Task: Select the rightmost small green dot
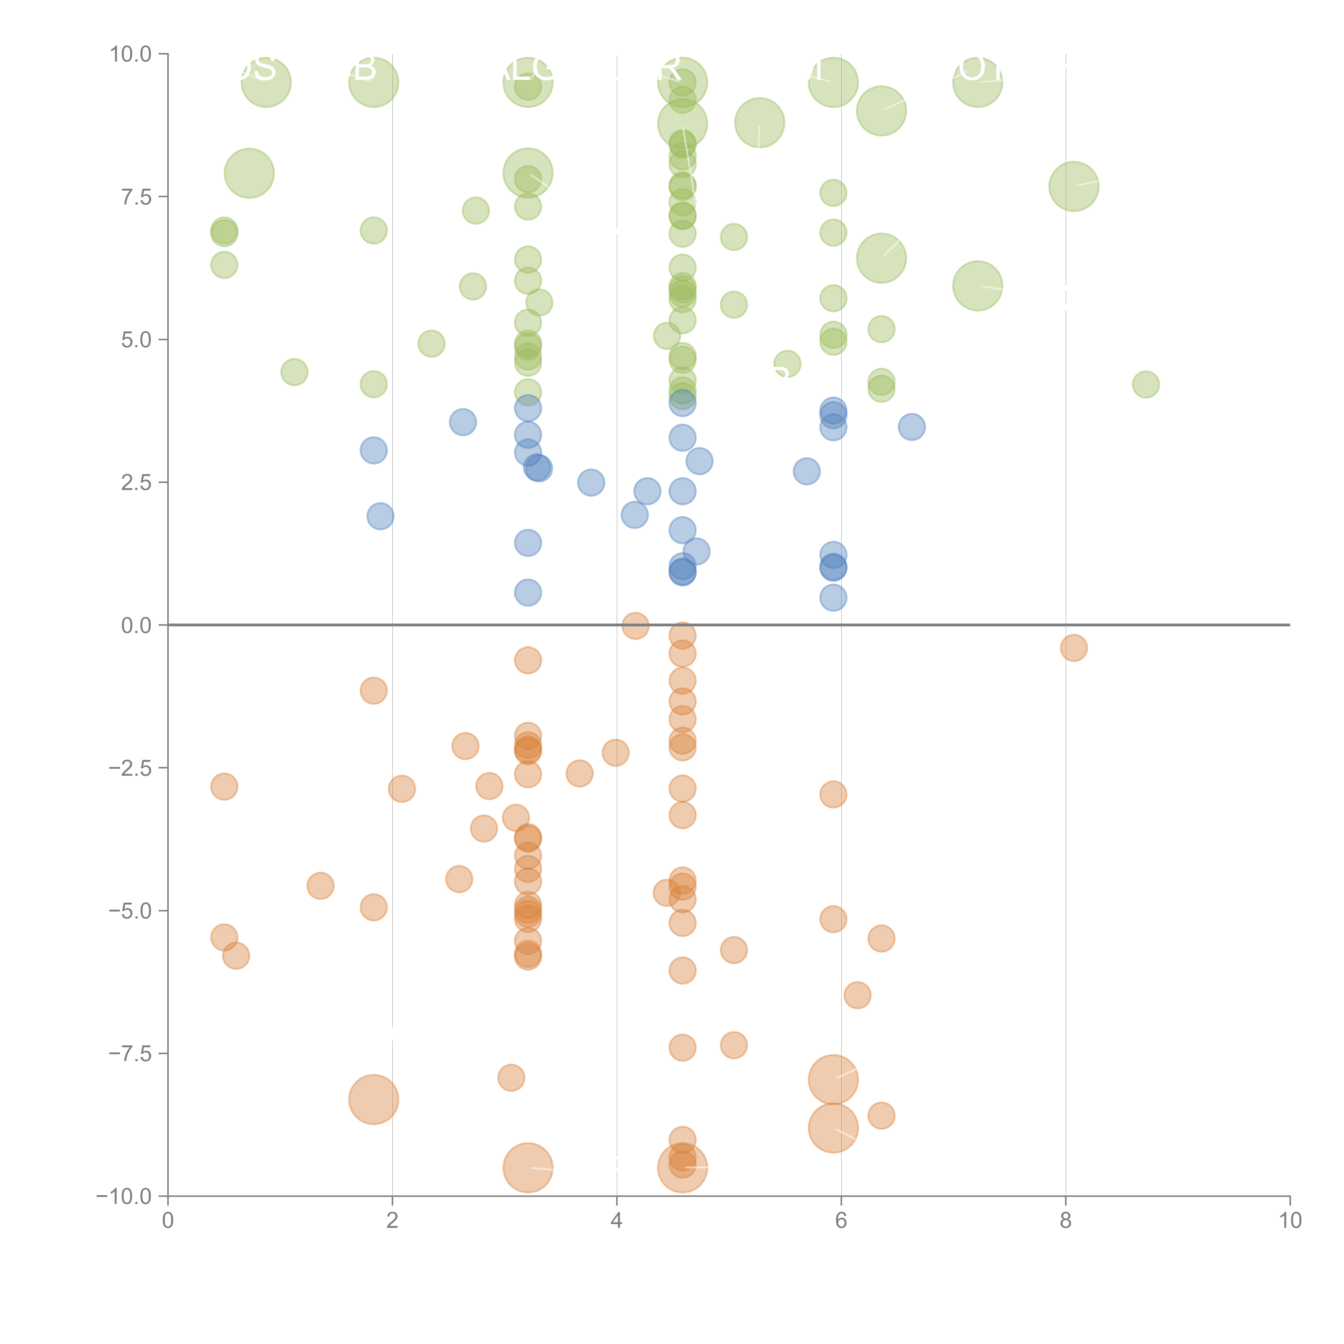click(1146, 384)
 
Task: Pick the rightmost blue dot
click(911, 426)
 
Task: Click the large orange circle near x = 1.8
click(374, 1099)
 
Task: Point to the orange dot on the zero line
click(635, 625)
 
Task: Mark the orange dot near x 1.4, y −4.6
click(320, 886)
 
